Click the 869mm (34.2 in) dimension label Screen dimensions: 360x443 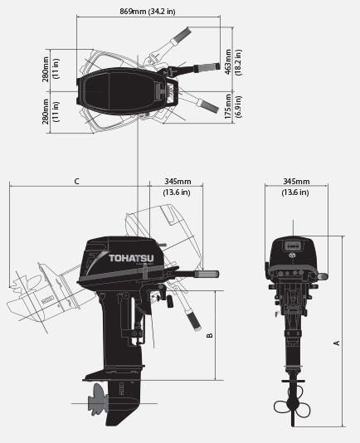[x=148, y=12]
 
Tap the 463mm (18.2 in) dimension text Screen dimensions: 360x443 [x=233, y=62]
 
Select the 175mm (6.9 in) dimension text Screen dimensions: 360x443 [x=233, y=107]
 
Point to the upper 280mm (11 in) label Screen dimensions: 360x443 [x=51, y=69]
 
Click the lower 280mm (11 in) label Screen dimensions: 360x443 [x=51, y=111]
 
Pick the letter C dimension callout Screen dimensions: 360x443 [x=76, y=181]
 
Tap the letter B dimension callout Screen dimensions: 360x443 [x=210, y=335]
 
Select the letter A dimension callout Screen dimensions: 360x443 [x=337, y=343]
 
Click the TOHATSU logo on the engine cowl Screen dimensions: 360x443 [x=131, y=258]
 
